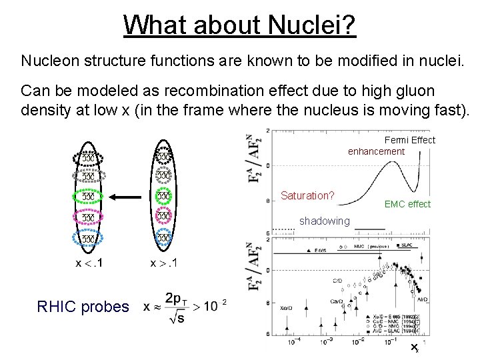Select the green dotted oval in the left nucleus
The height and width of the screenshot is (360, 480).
(87, 197)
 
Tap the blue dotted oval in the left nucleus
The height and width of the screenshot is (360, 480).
(87, 238)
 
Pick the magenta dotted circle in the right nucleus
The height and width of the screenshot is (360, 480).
(163, 217)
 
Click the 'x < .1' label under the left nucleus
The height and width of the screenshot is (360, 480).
(89, 264)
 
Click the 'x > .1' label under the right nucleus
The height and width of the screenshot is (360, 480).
(163, 264)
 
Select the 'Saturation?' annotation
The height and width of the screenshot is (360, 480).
(307, 196)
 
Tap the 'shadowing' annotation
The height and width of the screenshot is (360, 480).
(324, 221)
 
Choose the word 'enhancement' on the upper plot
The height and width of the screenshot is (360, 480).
(376, 151)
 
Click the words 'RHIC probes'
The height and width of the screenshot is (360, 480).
(83, 306)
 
